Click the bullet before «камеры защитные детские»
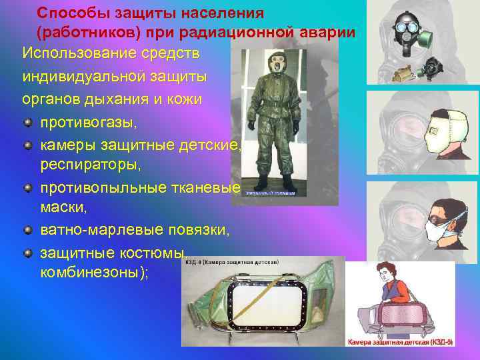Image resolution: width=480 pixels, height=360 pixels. pyautogui.click(x=27, y=145)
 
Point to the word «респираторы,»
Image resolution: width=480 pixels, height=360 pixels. pyautogui.click(x=87, y=164)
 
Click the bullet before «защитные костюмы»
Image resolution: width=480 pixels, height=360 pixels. pyautogui.click(x=27, y=253)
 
